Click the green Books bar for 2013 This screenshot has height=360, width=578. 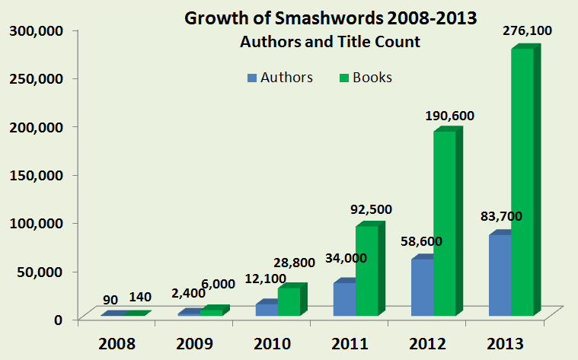tap(522, 183)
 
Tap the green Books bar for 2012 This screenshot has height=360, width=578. tap(445, 224)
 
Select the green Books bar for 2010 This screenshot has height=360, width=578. tap(289, 301)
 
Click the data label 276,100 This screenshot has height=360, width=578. tap(527, 31)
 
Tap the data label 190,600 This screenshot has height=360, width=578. tap(448, 116)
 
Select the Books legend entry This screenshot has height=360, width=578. tap(364, 78)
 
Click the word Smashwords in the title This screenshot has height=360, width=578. tap(311, 18)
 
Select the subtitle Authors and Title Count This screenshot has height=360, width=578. tap(331, 43)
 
